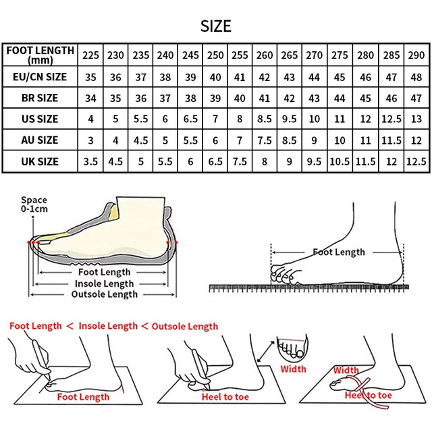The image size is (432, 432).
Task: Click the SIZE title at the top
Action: click(216, 26)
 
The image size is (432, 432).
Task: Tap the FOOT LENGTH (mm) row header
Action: click(40, 55)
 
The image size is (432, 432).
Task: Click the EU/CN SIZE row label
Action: click(40, 76)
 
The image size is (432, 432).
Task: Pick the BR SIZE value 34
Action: click(91, 98)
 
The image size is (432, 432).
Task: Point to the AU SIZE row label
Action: click(40, 140)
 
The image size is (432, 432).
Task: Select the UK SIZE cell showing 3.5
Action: click(91, 162)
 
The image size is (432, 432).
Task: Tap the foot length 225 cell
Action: click(91, 55)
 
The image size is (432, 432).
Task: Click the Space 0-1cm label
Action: click(34, 205)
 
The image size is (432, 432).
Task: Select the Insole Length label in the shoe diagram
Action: click(104, 283)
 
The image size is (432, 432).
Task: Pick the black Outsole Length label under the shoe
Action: click(104, 294)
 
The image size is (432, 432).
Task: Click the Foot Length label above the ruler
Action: click(338, 252)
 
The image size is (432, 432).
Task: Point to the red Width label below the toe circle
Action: click(293, 369)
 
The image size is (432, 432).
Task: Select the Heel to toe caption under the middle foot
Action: click(225, 397)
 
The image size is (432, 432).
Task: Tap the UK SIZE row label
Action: click(40, 162)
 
